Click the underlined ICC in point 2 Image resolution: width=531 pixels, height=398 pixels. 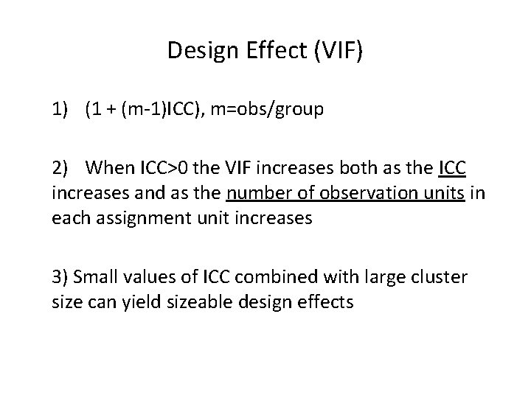coord(451,168)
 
